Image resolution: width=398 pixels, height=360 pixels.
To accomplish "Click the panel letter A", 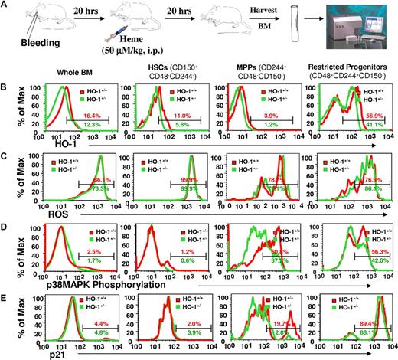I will click(x=6, y=6).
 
